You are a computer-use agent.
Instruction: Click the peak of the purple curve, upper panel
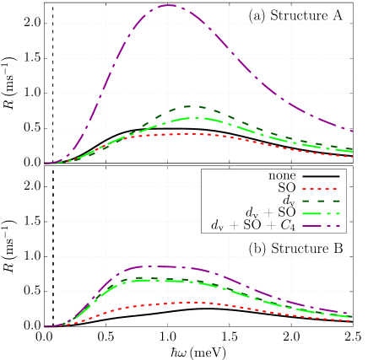click(x=169, y=5)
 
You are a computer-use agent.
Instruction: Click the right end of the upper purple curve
click(x=352, y=131)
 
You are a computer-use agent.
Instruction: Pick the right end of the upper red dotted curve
click(x=352, y=154)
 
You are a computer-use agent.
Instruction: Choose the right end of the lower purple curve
click(x=352, y=314)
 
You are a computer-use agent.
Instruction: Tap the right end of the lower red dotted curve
click(x=352, y=320)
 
